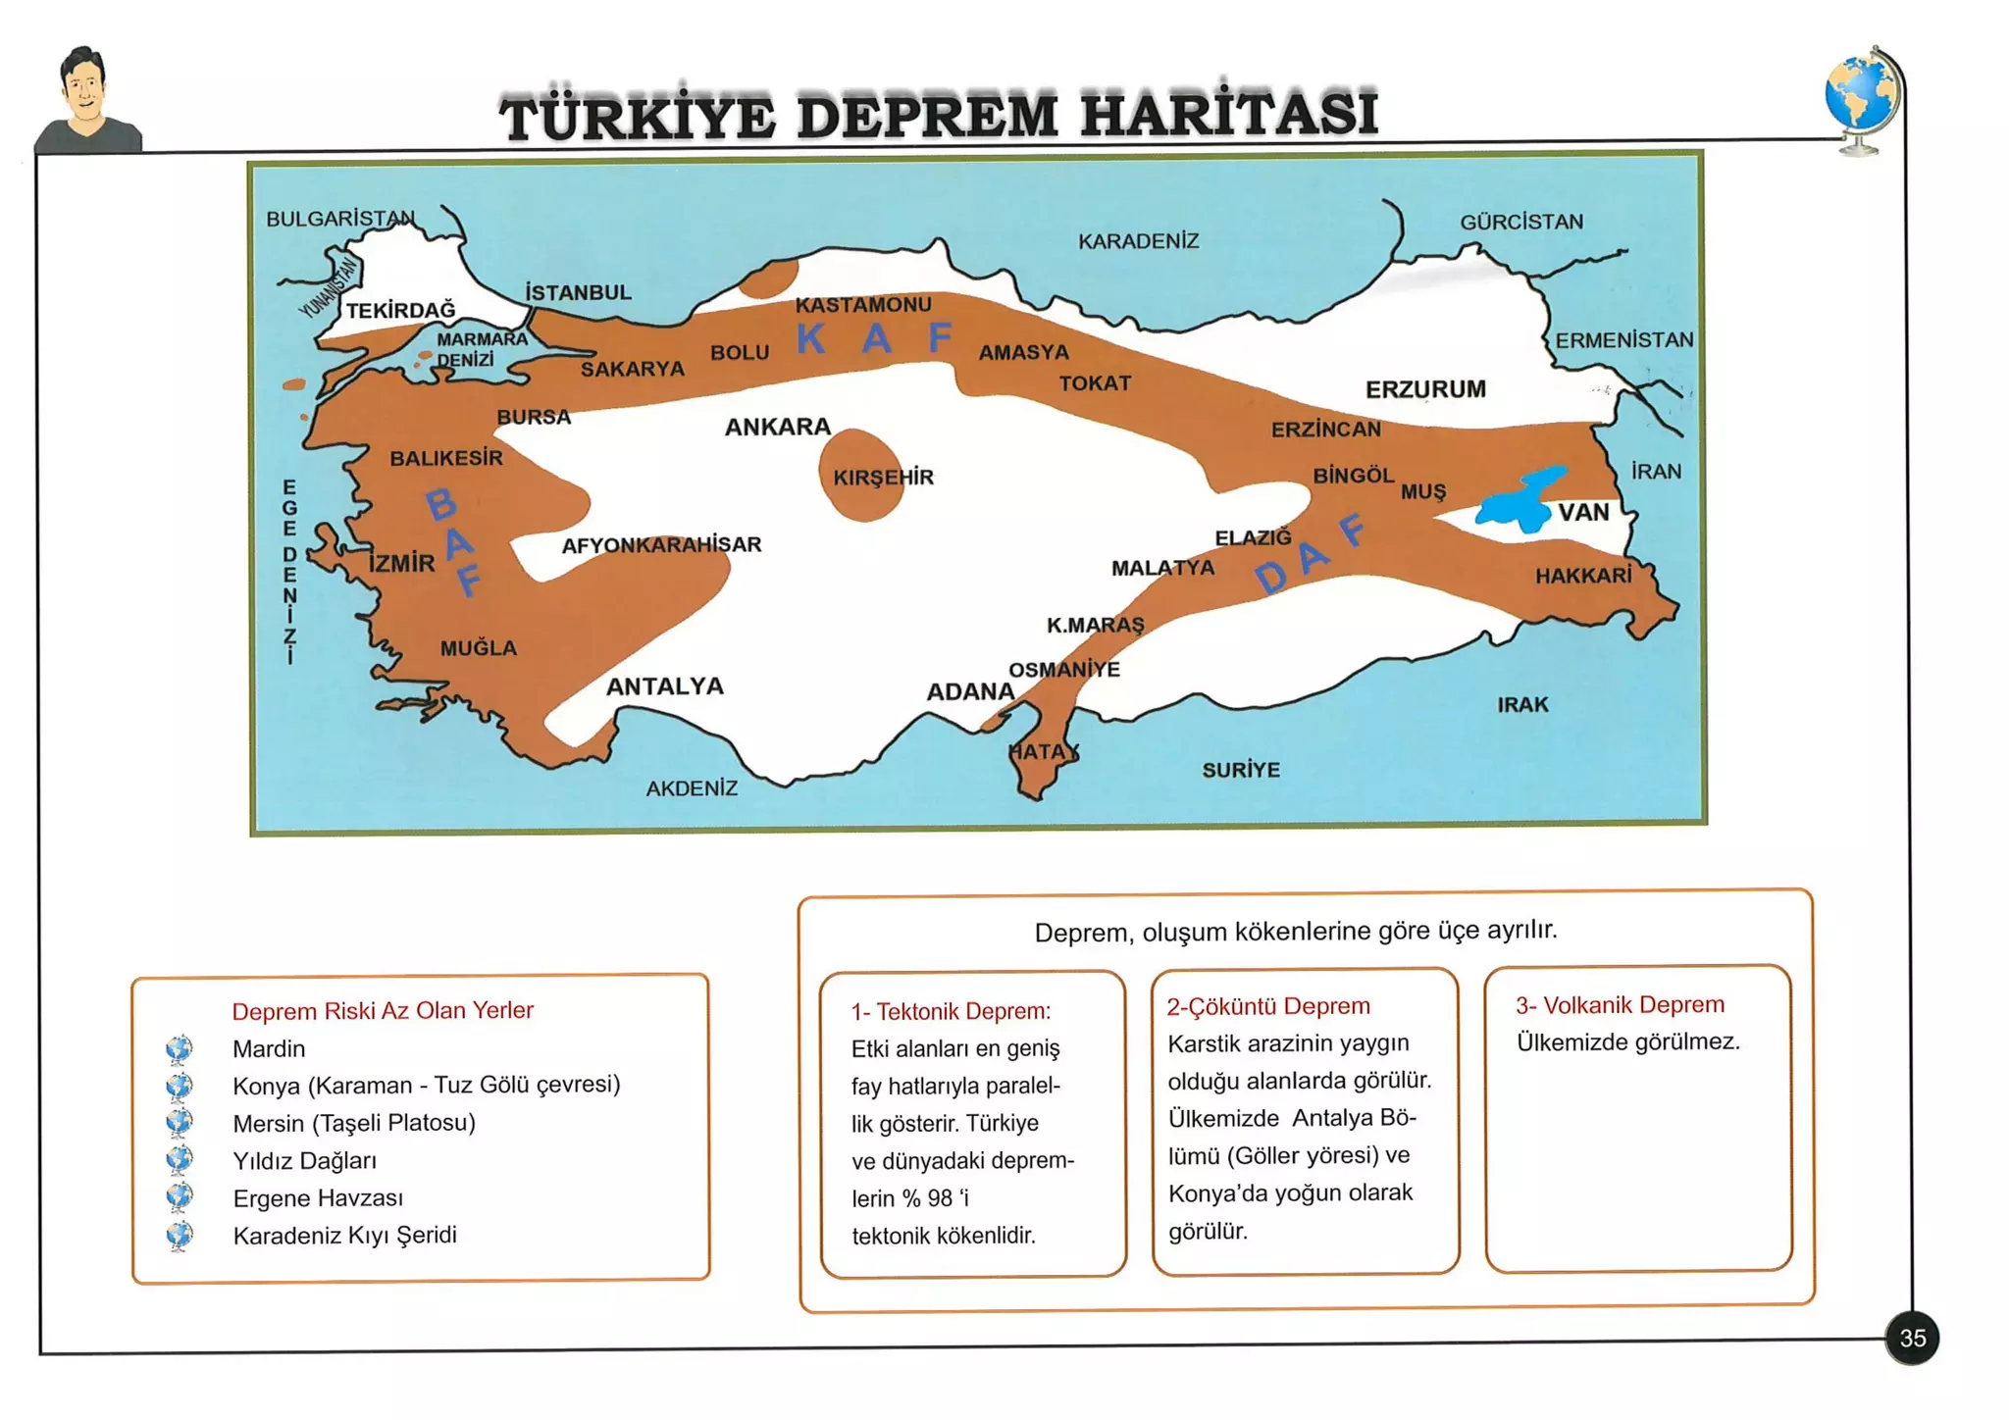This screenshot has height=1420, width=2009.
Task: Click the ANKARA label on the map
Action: (777, 427)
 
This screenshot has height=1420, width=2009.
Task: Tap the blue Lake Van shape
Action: (1517, 502)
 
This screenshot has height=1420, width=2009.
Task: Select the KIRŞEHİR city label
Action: (883, 478)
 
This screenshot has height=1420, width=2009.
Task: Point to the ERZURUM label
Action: (1425, 389)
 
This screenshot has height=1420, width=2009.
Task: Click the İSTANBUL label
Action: (578, 292)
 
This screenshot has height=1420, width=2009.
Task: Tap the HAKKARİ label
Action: (1583, 576)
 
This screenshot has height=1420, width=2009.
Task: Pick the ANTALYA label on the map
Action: (664, 686)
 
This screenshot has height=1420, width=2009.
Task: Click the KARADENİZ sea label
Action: (1138, 241)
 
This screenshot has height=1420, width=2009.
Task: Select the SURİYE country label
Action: (1241, 770)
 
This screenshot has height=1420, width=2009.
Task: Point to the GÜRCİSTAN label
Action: (1521, 223)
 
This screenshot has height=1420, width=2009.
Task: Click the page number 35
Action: (1912, 1338)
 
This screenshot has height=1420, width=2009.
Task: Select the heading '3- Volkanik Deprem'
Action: (1620, 1005)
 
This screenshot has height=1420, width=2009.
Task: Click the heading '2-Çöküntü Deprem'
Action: (1267, 1006)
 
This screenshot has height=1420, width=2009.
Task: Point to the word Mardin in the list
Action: (269, 1049)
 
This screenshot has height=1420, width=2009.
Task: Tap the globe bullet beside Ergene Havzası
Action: (180, 1197)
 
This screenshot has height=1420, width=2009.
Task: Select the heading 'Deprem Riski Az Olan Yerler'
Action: (383, 1011)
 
